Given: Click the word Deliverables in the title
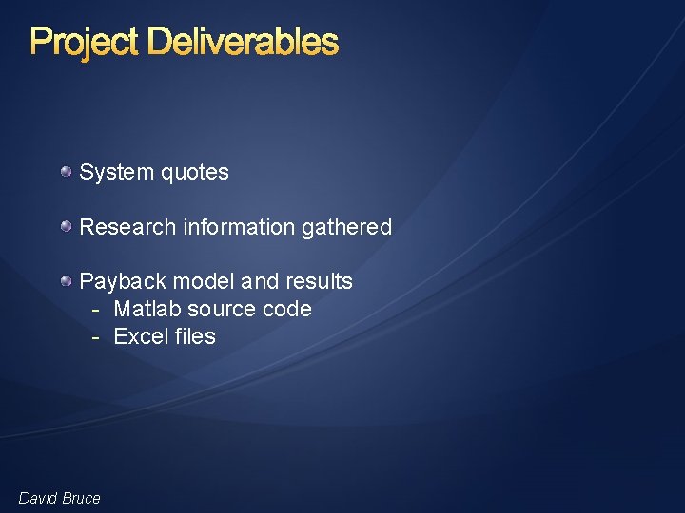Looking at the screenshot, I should point(243,42).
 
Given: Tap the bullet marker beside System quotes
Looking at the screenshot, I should point(66,172).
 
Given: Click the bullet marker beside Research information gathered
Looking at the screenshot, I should point(66,227).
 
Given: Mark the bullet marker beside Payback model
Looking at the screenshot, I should point(66,281).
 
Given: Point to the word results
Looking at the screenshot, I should point(317,282).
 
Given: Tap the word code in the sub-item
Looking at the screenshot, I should point(289,310).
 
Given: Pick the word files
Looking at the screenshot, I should point(194,337).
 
